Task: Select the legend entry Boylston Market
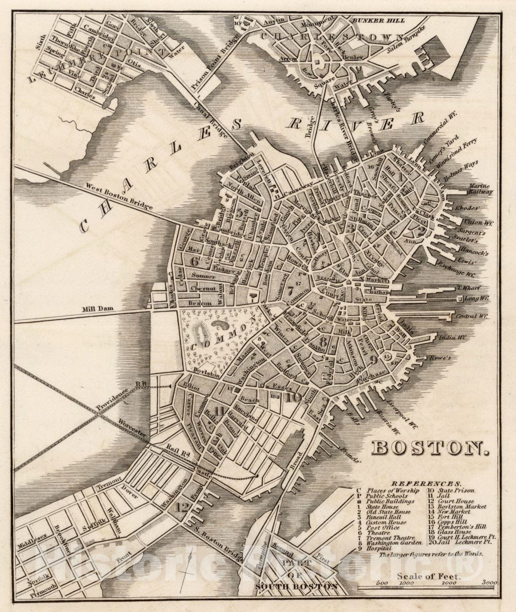click(461, 506)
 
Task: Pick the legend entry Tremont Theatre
click(388, 537)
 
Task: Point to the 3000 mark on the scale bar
click(490, 583)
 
